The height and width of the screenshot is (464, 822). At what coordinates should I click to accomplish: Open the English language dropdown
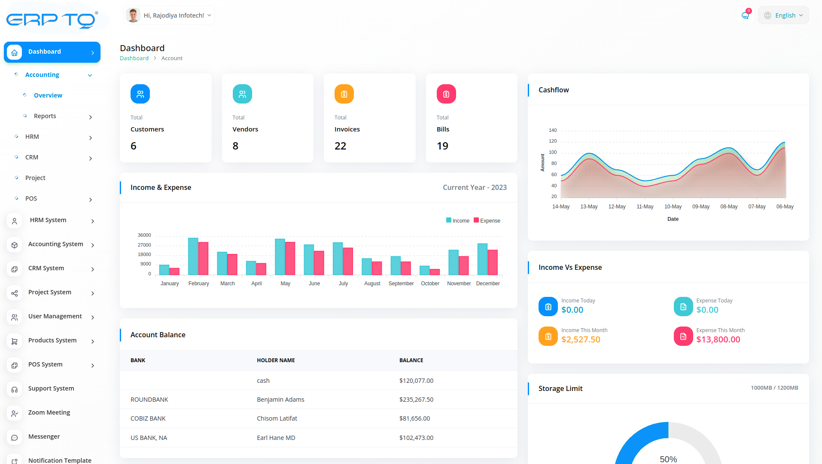point(784,15)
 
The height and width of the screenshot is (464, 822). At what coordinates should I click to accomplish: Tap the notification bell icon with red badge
point(745,15)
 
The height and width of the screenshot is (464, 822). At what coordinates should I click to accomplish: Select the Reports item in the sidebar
point(45,116)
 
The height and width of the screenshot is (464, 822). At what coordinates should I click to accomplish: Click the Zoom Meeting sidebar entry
point(49,412)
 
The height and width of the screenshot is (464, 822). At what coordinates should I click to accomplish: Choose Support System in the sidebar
point(51,388)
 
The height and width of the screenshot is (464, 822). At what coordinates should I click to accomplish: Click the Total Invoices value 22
point(340,146)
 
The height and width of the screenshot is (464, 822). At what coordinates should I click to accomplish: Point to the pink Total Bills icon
point(446,94)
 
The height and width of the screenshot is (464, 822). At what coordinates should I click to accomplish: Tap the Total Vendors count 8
point(235,146)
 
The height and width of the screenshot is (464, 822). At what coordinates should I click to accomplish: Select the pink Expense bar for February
point(204,258)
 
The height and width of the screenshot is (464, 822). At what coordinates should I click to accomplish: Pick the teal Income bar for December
point(482,259)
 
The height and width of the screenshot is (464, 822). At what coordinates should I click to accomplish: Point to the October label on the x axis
point(430,284)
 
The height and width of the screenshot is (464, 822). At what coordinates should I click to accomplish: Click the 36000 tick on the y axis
point(144,235)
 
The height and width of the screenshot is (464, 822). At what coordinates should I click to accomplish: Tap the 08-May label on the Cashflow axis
point(729,207)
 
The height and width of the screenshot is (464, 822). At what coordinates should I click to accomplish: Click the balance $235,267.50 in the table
point(416,400)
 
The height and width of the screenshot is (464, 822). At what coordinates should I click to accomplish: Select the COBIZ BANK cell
point(148,418)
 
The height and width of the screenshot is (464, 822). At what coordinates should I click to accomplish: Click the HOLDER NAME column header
point(276,360)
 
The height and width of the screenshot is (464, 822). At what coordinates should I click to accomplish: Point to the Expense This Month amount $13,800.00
point(718,339)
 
